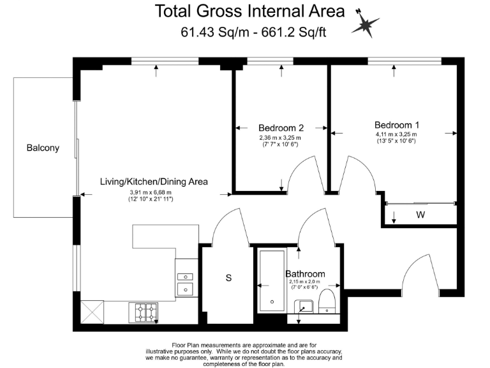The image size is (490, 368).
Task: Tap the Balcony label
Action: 43,148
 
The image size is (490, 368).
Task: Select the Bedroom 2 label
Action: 281,127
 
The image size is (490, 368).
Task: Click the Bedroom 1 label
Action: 396,125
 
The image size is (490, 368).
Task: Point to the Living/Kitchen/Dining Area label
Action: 154,182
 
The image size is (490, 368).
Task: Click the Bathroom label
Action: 305,273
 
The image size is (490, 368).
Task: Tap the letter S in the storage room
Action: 228,278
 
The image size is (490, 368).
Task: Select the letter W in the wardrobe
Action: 420,215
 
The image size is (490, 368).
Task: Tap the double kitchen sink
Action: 185,283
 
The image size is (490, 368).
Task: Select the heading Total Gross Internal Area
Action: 250,11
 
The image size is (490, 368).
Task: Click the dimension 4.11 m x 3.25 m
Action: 396,134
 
